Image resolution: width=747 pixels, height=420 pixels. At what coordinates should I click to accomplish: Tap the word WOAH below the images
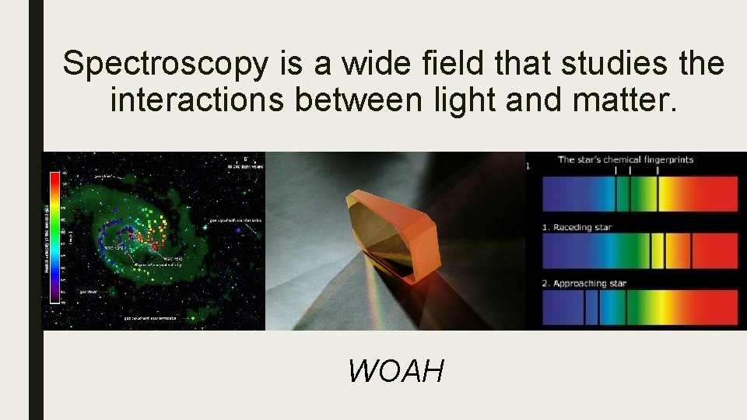click(396, 371)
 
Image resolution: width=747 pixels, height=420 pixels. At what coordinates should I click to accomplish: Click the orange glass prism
click(393, 230)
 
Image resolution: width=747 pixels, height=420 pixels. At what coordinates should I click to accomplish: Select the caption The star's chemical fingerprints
click(625, 160)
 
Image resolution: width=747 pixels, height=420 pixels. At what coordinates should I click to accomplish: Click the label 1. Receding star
click(577, 228)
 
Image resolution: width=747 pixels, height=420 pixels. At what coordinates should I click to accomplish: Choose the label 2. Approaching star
click(584, 283)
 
